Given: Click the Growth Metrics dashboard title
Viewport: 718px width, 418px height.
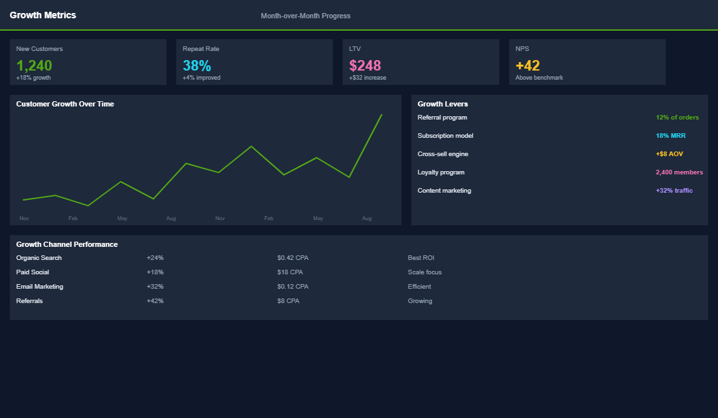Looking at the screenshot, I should coord(42,15).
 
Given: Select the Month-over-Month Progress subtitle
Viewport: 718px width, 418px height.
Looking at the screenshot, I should coord(305,16).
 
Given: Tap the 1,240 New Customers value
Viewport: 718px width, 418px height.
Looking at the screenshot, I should coord(34,65).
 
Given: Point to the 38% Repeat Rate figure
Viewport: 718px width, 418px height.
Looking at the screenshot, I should coord(196,65).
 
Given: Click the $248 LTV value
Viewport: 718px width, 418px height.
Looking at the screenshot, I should coord(365,65).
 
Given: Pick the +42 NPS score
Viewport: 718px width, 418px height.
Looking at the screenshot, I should coord(527,65).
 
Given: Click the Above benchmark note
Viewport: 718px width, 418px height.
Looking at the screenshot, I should coord(539,78).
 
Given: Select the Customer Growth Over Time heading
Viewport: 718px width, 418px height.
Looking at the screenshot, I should coord(65,104).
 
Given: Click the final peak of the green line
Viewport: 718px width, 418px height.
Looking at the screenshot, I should coord(381,115).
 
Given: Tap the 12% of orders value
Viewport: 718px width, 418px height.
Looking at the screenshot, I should coord(677,118).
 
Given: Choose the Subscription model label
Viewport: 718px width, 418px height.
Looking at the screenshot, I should coord(445,136).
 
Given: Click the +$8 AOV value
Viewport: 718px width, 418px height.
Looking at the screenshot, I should coord(669,154).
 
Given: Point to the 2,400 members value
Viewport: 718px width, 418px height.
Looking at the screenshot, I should coord(679,172).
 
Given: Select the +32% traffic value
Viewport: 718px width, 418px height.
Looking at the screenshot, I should coord(674,191).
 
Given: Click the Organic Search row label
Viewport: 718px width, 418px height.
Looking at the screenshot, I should coord(39,258).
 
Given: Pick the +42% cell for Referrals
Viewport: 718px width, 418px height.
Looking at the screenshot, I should coord(155,301).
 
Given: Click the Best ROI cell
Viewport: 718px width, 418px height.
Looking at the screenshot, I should coord(421,258).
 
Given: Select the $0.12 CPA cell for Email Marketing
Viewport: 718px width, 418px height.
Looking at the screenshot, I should coord(292,287).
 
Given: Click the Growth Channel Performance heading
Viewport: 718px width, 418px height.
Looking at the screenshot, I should coord(67,244).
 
